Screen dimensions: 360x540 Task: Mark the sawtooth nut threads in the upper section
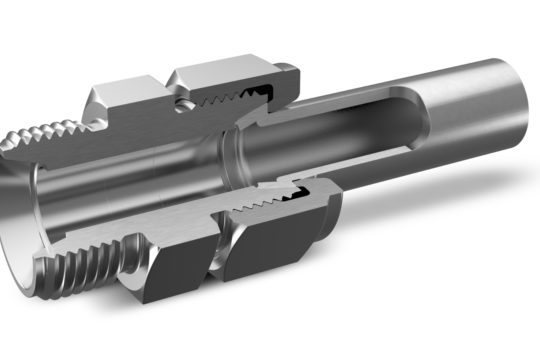tap(240, 100)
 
